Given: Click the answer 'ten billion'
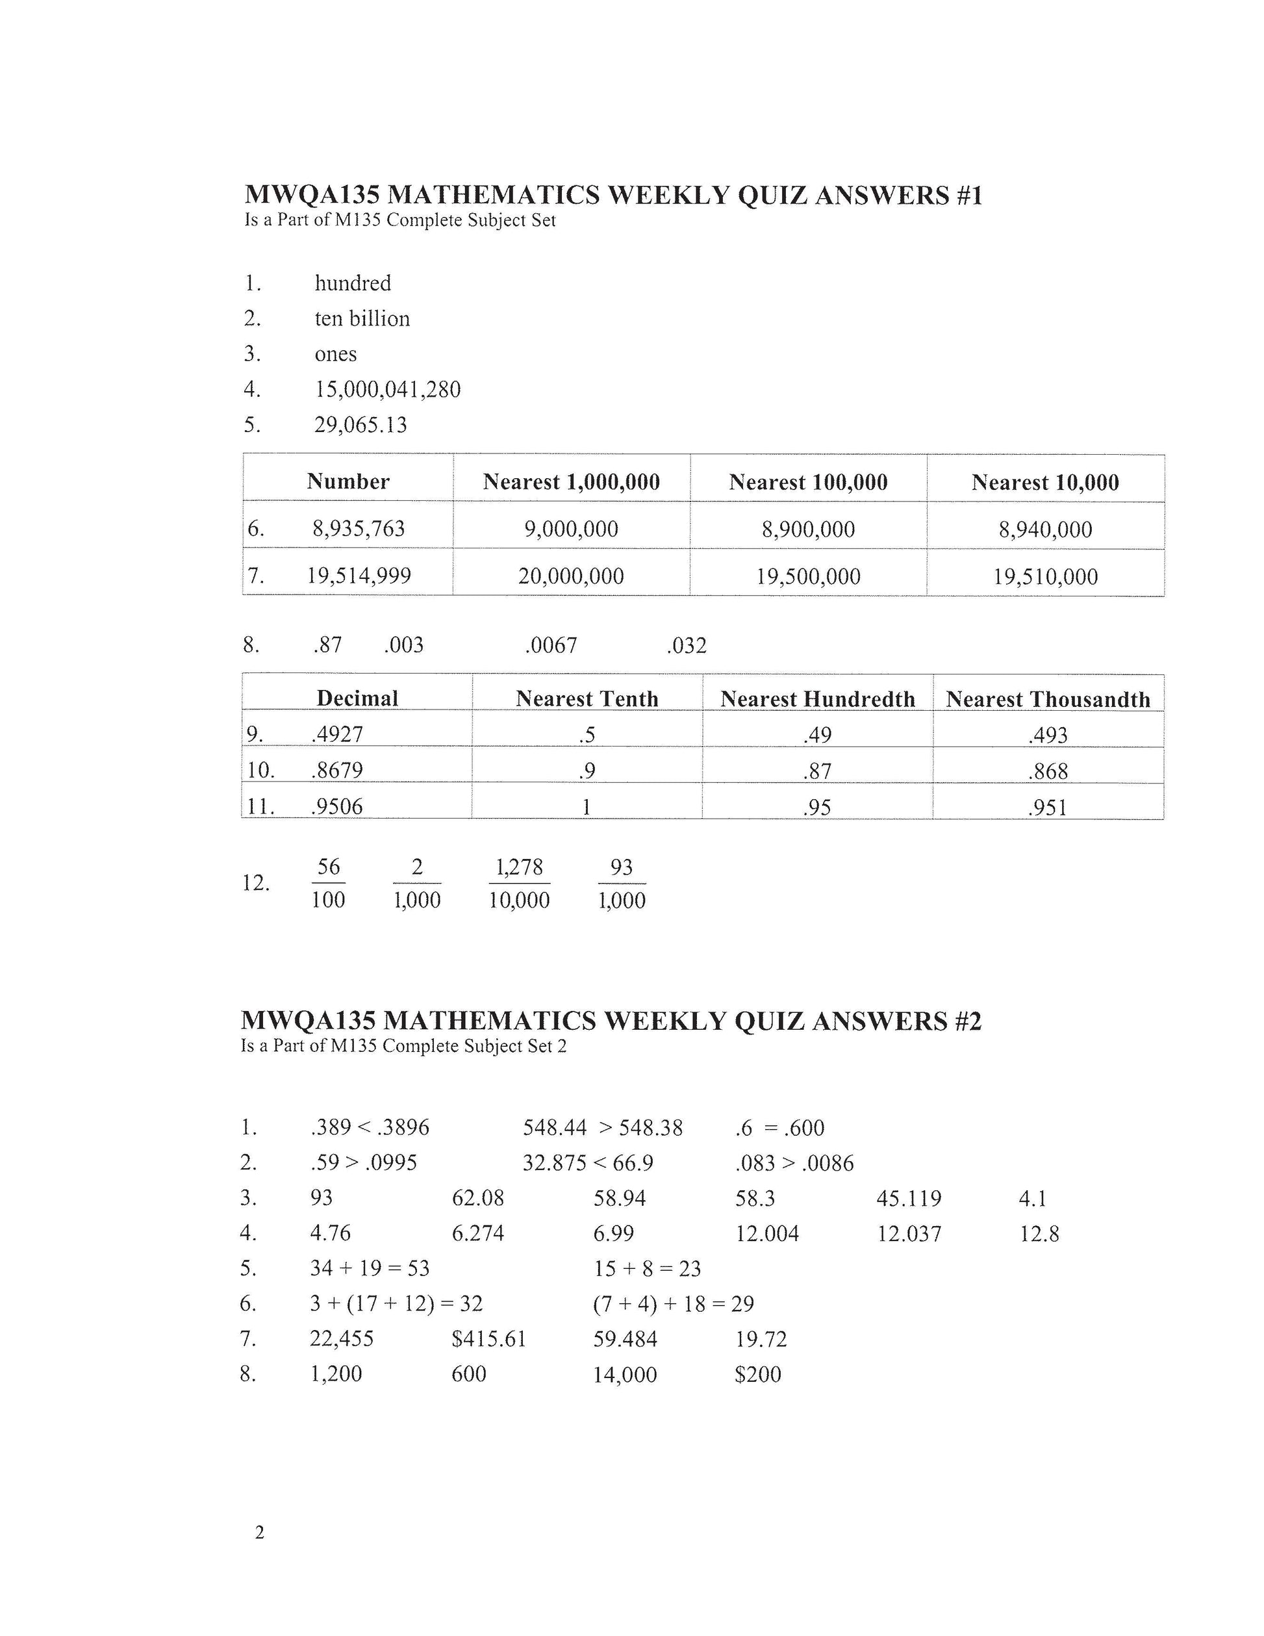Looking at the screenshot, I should (362, 318).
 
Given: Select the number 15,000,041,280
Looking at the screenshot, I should (387, 390).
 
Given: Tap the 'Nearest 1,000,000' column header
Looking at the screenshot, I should (572, 481).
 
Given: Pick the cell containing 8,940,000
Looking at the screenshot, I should (1045, 530).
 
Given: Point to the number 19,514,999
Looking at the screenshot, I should (359, 575).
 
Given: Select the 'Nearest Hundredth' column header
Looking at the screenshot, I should (818, 699).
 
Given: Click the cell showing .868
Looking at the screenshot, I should (1048, 771).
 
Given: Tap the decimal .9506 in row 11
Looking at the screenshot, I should (337, 806).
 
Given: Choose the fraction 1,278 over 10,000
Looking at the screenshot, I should (519, 883).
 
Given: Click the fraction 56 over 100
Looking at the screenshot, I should (328, 883).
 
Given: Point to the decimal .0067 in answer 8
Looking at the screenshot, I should (551, 645).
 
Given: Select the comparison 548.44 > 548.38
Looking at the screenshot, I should (603, 1127).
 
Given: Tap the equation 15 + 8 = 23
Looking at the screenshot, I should (647, 1268).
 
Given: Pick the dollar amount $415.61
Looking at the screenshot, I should (489, 1338).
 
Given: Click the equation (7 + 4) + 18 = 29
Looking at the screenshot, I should (673, 1304).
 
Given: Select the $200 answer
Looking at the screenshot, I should (758, 1374).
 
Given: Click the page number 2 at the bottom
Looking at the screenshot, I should (260, 1533).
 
